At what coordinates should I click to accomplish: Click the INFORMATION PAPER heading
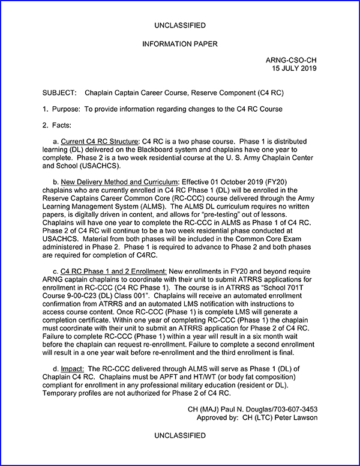pyautogui.click(x=180, y=44)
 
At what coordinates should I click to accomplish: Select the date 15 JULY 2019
pyautogui.click(x=293, y=68)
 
